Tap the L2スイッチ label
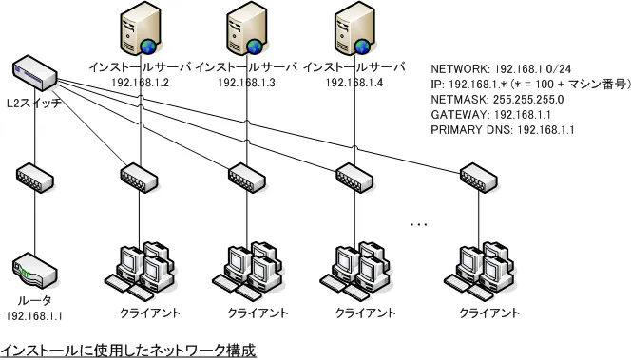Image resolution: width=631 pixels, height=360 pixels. [34, 101]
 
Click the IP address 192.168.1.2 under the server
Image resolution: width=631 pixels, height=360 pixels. [140, 84]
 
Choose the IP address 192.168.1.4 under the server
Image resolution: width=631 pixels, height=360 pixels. [354, 84]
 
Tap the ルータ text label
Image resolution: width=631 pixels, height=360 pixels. [34, 300]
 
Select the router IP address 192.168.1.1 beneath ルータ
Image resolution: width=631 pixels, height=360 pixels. [34, 315]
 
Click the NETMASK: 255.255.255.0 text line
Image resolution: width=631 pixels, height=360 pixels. [497, 99]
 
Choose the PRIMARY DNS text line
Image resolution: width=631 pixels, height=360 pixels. [503, 129]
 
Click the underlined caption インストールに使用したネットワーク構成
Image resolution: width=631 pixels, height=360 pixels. [128, 350]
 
